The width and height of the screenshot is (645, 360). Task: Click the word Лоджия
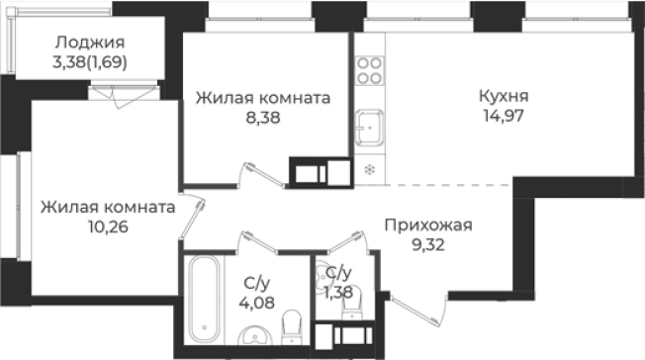tap(90, 42)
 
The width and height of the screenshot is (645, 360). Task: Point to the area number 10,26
tap(108, 225)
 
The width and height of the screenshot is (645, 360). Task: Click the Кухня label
tap(503, 98)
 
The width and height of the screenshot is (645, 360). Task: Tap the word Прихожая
tap(428, 225)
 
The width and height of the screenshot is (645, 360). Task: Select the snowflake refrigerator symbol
tap(370, 168)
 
